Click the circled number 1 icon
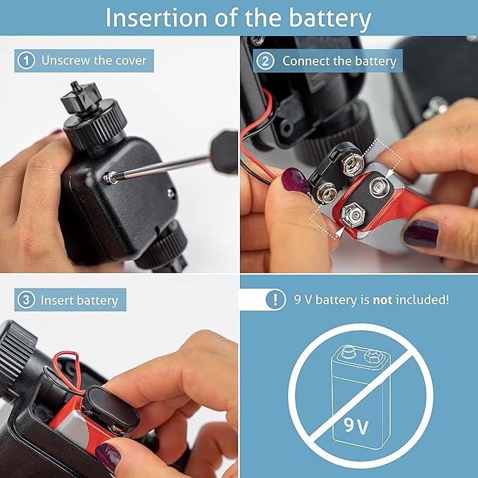(x=26, y=61)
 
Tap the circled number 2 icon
(x=265, y=61)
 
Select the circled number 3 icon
(x=26, y=300)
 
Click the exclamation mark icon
(x=275, y=300)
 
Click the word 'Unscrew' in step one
(x=65, y=61)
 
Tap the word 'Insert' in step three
(x=56, y=301)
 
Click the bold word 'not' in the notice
(x=382, y=300)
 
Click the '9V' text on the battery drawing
(x=356, y=426)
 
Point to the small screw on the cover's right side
(x=171, y=192)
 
